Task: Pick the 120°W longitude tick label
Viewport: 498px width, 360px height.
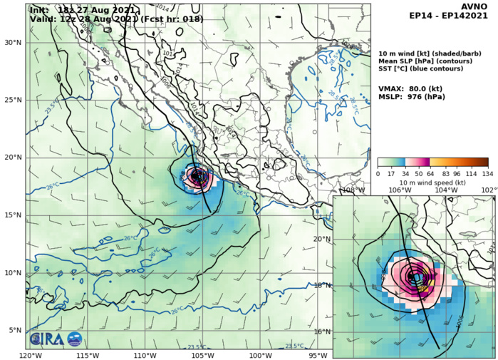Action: (x=29, y=355)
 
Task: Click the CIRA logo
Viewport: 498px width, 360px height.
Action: (x=46, y=339)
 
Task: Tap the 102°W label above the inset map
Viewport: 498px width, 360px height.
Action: (x=489, y=190)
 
